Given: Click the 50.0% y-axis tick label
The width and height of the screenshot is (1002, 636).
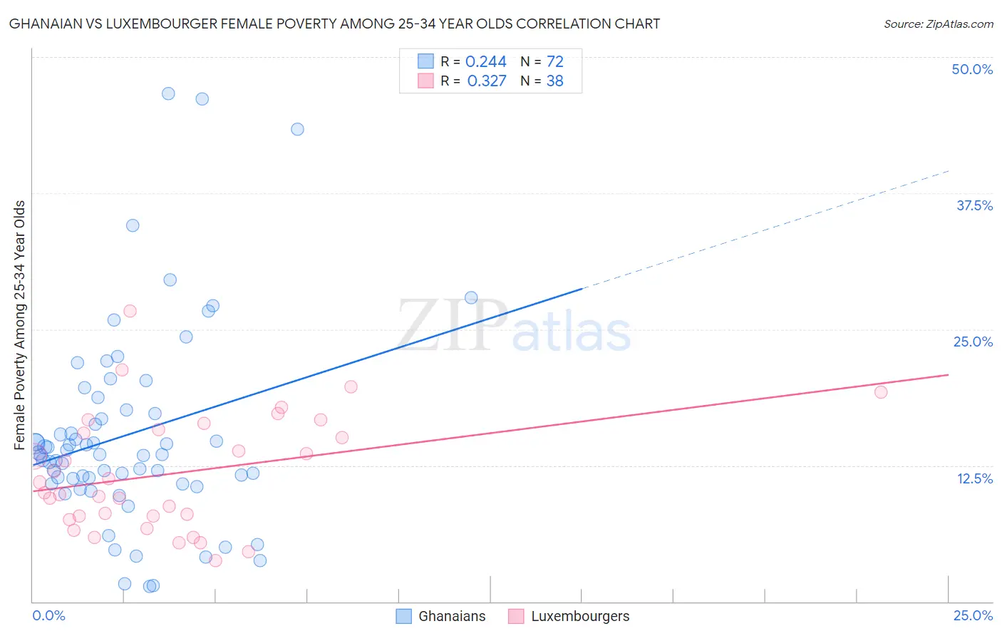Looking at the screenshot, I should tap(972, 69).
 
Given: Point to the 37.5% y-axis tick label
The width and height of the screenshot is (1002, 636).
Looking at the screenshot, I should tap(974, 205).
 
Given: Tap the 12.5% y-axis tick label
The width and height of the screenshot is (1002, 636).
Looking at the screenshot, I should tap(974, 478).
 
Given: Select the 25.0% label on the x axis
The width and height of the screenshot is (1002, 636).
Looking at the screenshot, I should tap(973, 615).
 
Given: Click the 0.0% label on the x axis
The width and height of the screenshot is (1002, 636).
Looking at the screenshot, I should tap(48, 615).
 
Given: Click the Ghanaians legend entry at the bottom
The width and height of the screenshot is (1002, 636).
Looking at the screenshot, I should tap(451, 616).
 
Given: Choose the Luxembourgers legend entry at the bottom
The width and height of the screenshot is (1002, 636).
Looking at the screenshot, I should tap(579, 616).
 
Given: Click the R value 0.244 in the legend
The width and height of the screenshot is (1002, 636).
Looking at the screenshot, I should tap(485, 62).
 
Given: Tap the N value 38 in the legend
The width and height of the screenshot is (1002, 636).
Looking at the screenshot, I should tap(554, 81).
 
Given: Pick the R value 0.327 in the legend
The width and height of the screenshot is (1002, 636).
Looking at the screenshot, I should tap(486, 81).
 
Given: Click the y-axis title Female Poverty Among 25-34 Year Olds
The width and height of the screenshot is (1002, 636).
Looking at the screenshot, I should tap(20, 325).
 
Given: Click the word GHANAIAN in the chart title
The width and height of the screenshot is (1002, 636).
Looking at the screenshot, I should tap(47, 24).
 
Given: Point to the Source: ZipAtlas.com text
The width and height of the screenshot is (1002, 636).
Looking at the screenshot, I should tap(938, 24).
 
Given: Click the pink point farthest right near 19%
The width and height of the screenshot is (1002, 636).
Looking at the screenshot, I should tap(881, 391).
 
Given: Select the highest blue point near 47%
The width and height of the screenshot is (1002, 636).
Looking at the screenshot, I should tap(168, 93).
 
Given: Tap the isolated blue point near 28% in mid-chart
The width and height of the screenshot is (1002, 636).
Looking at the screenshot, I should tap(471, 297).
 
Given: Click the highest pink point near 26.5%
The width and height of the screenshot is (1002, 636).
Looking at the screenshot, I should tap(130, 311).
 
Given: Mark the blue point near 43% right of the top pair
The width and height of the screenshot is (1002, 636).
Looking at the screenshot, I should tap(297, 129).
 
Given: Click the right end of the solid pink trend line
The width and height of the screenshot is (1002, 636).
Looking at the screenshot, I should tap(948, 374).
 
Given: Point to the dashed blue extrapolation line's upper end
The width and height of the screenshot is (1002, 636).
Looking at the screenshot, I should tap(948, 171).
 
